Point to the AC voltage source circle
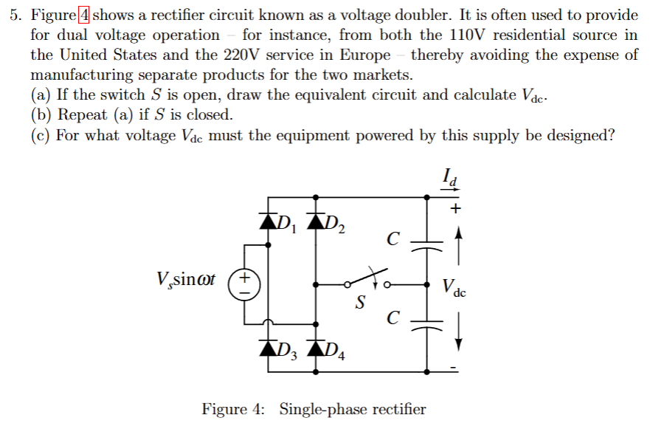246,284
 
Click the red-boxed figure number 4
83,15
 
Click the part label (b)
41,114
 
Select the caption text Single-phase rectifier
352,408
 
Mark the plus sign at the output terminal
457,209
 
